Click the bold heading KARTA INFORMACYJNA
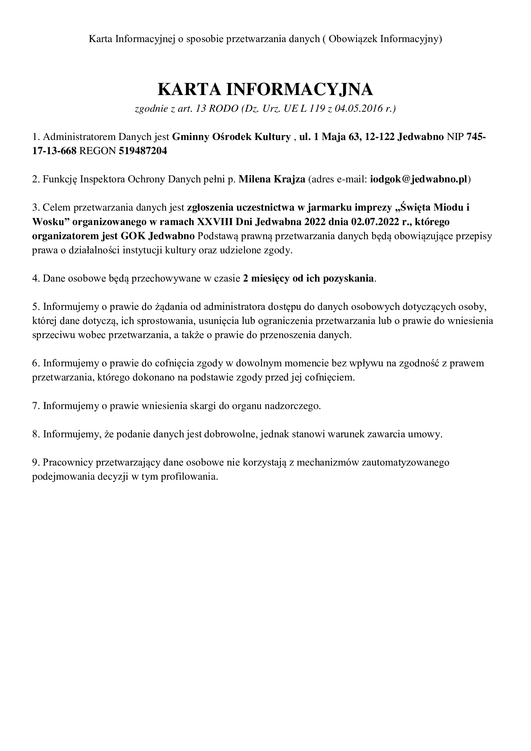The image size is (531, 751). point(265,89)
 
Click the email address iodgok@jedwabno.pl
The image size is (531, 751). point(419,179)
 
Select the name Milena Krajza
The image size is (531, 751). point(272,179)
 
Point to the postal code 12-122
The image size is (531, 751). point(379,137)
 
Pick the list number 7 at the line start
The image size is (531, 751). point(35,406)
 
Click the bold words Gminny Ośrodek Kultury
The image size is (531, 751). point(231,137)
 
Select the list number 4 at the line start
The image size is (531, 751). point(35,278)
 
